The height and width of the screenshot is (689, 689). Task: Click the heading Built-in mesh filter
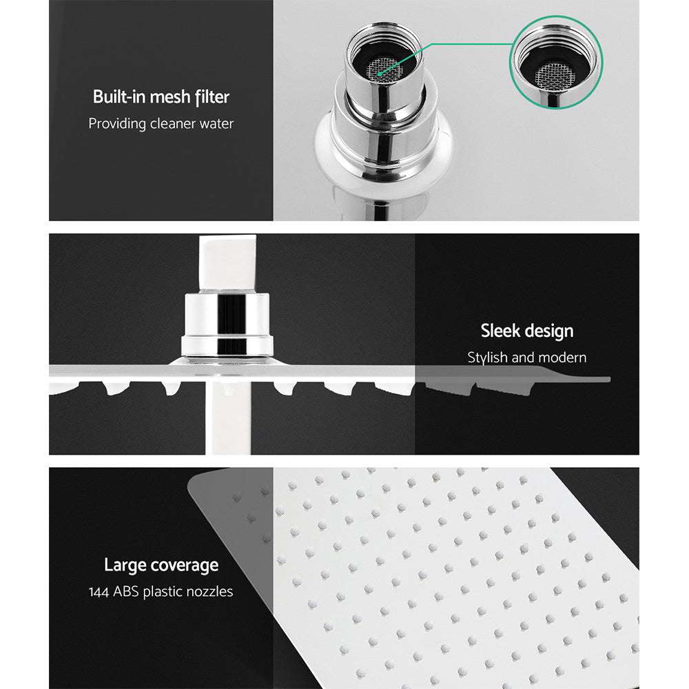point(161,97)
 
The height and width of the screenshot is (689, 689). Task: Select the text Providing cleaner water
point(161,124)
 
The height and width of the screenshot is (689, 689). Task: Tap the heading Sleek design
point(526,331)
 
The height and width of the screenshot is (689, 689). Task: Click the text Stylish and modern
point(526,358)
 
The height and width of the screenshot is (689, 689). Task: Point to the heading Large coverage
point(161,566)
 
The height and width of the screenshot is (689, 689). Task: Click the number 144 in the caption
point(101,592)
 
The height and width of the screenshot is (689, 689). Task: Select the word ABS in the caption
point(127,592)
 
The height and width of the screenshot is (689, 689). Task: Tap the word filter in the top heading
point(211,97)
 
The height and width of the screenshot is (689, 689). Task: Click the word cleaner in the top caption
point(175,124)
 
